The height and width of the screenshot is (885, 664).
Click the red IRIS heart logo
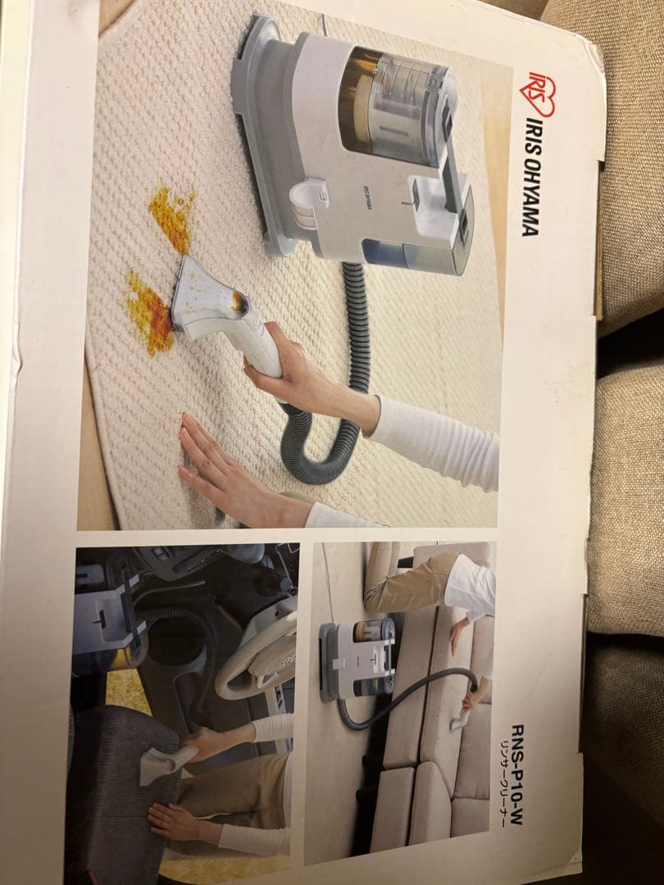541,94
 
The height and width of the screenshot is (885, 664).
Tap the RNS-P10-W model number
517,774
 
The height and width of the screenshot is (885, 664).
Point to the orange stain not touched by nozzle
172,217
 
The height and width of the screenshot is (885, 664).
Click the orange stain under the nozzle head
150,312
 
